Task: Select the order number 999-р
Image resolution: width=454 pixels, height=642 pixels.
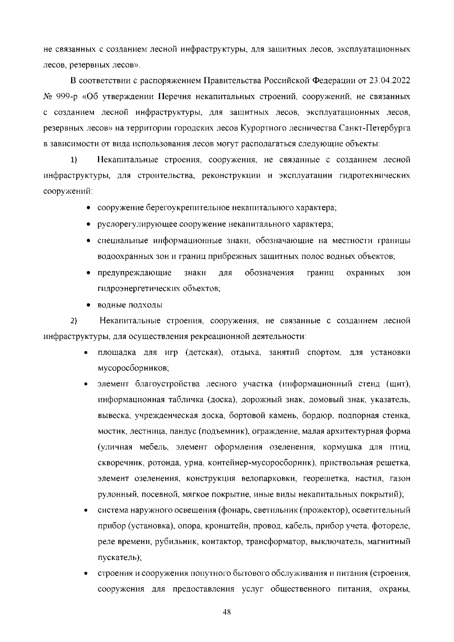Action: tap(67, 97)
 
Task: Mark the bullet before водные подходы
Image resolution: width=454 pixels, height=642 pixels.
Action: tap(88, 305)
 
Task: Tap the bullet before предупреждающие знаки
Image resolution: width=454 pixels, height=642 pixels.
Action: tap(88, 273)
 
